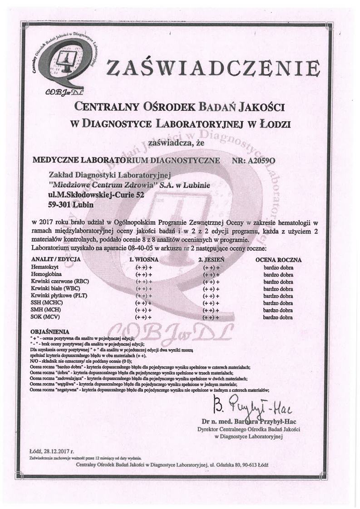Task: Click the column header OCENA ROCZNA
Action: point(278,260)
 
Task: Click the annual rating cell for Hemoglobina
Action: point(278,275)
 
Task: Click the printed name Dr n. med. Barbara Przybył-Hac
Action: point(250,420)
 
